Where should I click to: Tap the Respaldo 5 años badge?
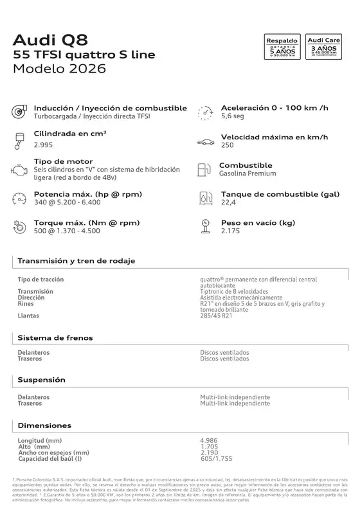[x=282, y=48]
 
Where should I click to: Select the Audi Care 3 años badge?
[x=324, y=48]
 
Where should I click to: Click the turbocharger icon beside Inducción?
[x=18, y=111]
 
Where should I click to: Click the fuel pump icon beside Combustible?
[x=203, y=169]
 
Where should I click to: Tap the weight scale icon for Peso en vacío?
[x=204, y=226]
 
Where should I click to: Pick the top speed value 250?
[x=227, y=145]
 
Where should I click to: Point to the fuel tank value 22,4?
[x=229, y=202]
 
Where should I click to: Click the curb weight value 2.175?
[x=231, y=231]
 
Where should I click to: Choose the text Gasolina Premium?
[x=248, y=174]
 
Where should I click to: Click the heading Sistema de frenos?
[x=55, y=337]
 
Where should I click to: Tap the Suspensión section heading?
[x=42, y=380]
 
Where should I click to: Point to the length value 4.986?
[x=210, y=440]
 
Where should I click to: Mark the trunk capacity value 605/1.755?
[x=216, y=458]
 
